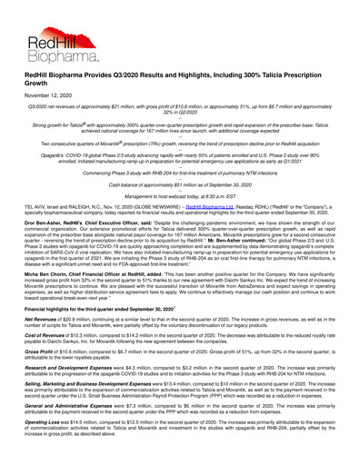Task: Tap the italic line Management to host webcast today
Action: [180, 221]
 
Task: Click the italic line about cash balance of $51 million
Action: [180, 208]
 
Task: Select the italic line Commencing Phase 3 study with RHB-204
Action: [180, 196]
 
